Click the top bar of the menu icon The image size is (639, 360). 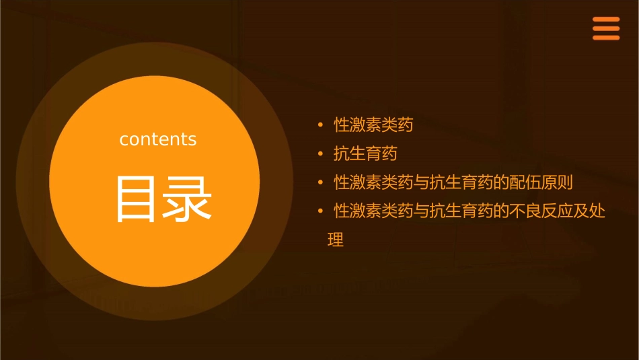click(606, 20)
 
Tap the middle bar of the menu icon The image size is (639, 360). click(606, 29)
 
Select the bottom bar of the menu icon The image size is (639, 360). click(606, 38)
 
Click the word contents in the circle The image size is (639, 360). click(158, 139)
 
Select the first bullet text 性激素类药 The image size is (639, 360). click(373, 125)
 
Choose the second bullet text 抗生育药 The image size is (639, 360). click(365, 154)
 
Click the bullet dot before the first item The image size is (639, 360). click(321, 125)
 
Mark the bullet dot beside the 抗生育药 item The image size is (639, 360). click(321, 154)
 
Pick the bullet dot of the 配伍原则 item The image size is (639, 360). click(321, 183)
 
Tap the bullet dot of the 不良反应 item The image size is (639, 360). click(321, 212)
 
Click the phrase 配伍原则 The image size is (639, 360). click(541, 183)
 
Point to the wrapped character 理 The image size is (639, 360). click(336, 240)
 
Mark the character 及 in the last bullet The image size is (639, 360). click(580, 212)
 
